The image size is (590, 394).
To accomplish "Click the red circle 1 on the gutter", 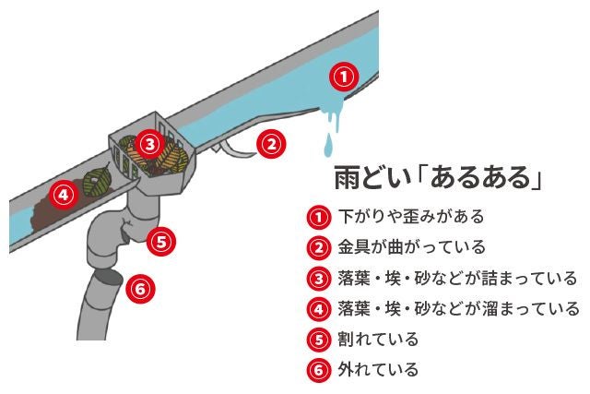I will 342,77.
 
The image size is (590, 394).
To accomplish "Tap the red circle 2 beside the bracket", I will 269,143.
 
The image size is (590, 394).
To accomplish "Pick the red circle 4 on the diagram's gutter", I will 62,195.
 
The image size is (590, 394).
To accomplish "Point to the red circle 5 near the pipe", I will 160,242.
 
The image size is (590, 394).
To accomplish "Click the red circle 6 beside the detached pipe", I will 139,288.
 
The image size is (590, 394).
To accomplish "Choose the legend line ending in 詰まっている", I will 457,278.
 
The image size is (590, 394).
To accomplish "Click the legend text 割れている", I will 378,339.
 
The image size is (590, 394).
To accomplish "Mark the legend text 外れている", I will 378,369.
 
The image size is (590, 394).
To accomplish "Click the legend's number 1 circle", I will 318,218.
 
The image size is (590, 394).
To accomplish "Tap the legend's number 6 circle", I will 318,370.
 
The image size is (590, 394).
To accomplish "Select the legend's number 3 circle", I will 318,279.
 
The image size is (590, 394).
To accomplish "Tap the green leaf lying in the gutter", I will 95,182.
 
